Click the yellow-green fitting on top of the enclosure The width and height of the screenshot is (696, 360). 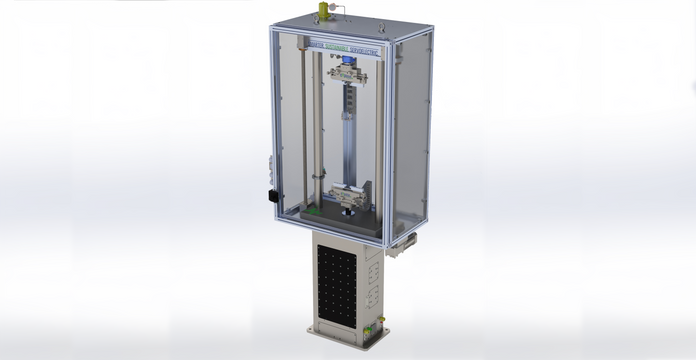pyautogui.click(x=320, y=12)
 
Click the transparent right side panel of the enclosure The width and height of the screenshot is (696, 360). pyautogui.click(x=410, y=129)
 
